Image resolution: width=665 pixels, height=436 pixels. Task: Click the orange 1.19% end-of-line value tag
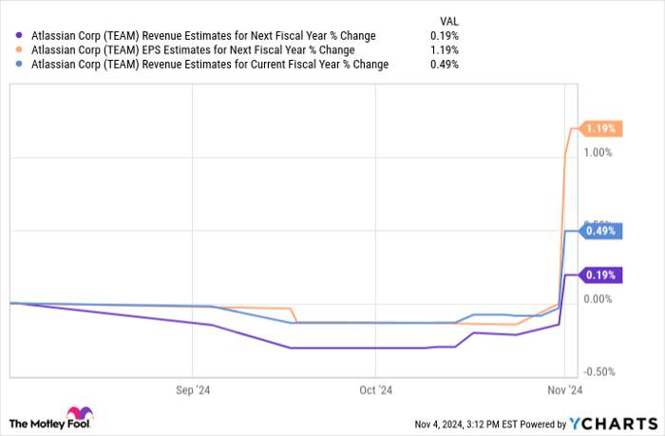(601, 128)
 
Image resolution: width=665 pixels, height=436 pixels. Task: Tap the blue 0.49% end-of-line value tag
(601, 230)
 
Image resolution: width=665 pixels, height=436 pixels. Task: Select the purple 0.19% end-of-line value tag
(601, 275)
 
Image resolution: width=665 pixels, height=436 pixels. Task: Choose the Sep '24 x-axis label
(193, 389)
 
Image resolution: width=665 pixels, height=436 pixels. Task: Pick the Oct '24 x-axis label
(375, 389)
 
